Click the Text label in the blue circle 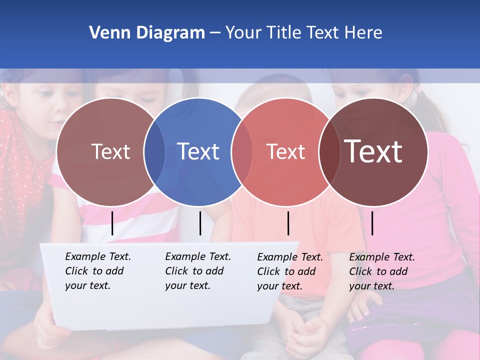[198, 151]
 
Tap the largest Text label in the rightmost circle [373, 151]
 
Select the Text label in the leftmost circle [110, 151]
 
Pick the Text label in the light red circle [285, 151]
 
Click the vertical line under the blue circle [200, 223]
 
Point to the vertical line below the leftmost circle [112, 223]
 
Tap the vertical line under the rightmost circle [372, 223]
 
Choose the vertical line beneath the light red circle [288, 223]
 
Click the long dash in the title [214, 33]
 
